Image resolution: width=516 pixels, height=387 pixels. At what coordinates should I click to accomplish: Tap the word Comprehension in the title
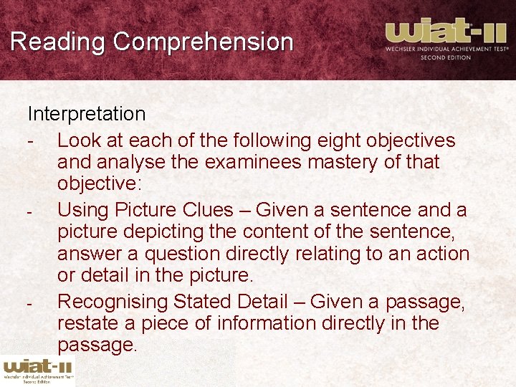pos(203,42)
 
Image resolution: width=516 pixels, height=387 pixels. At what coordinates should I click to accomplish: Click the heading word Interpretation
pos(87,114)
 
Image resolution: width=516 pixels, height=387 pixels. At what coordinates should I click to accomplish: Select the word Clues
pos(209,211)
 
